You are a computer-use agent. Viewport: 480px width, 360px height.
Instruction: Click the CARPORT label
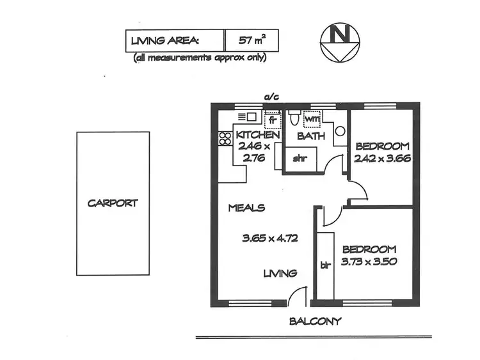[113, 203]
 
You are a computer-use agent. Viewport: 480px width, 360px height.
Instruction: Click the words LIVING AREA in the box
[165, 41]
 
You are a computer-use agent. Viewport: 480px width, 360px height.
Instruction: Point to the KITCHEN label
[257, 136]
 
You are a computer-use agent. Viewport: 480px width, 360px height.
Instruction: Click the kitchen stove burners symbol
[225, 138]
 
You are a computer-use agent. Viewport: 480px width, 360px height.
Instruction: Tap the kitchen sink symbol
[247, 117]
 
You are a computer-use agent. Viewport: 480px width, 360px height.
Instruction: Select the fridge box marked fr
[272, 119]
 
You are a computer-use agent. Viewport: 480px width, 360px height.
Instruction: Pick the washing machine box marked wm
[312, 119]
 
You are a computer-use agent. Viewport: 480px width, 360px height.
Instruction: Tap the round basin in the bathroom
[340, 132]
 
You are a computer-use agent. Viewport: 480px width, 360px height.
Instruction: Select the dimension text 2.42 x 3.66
[382, 157]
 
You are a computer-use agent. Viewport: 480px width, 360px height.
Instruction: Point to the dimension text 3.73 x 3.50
[369, 262]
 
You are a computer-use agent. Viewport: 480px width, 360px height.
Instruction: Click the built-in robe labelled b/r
[324, 265]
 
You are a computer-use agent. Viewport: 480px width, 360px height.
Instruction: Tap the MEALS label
[247, 208]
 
